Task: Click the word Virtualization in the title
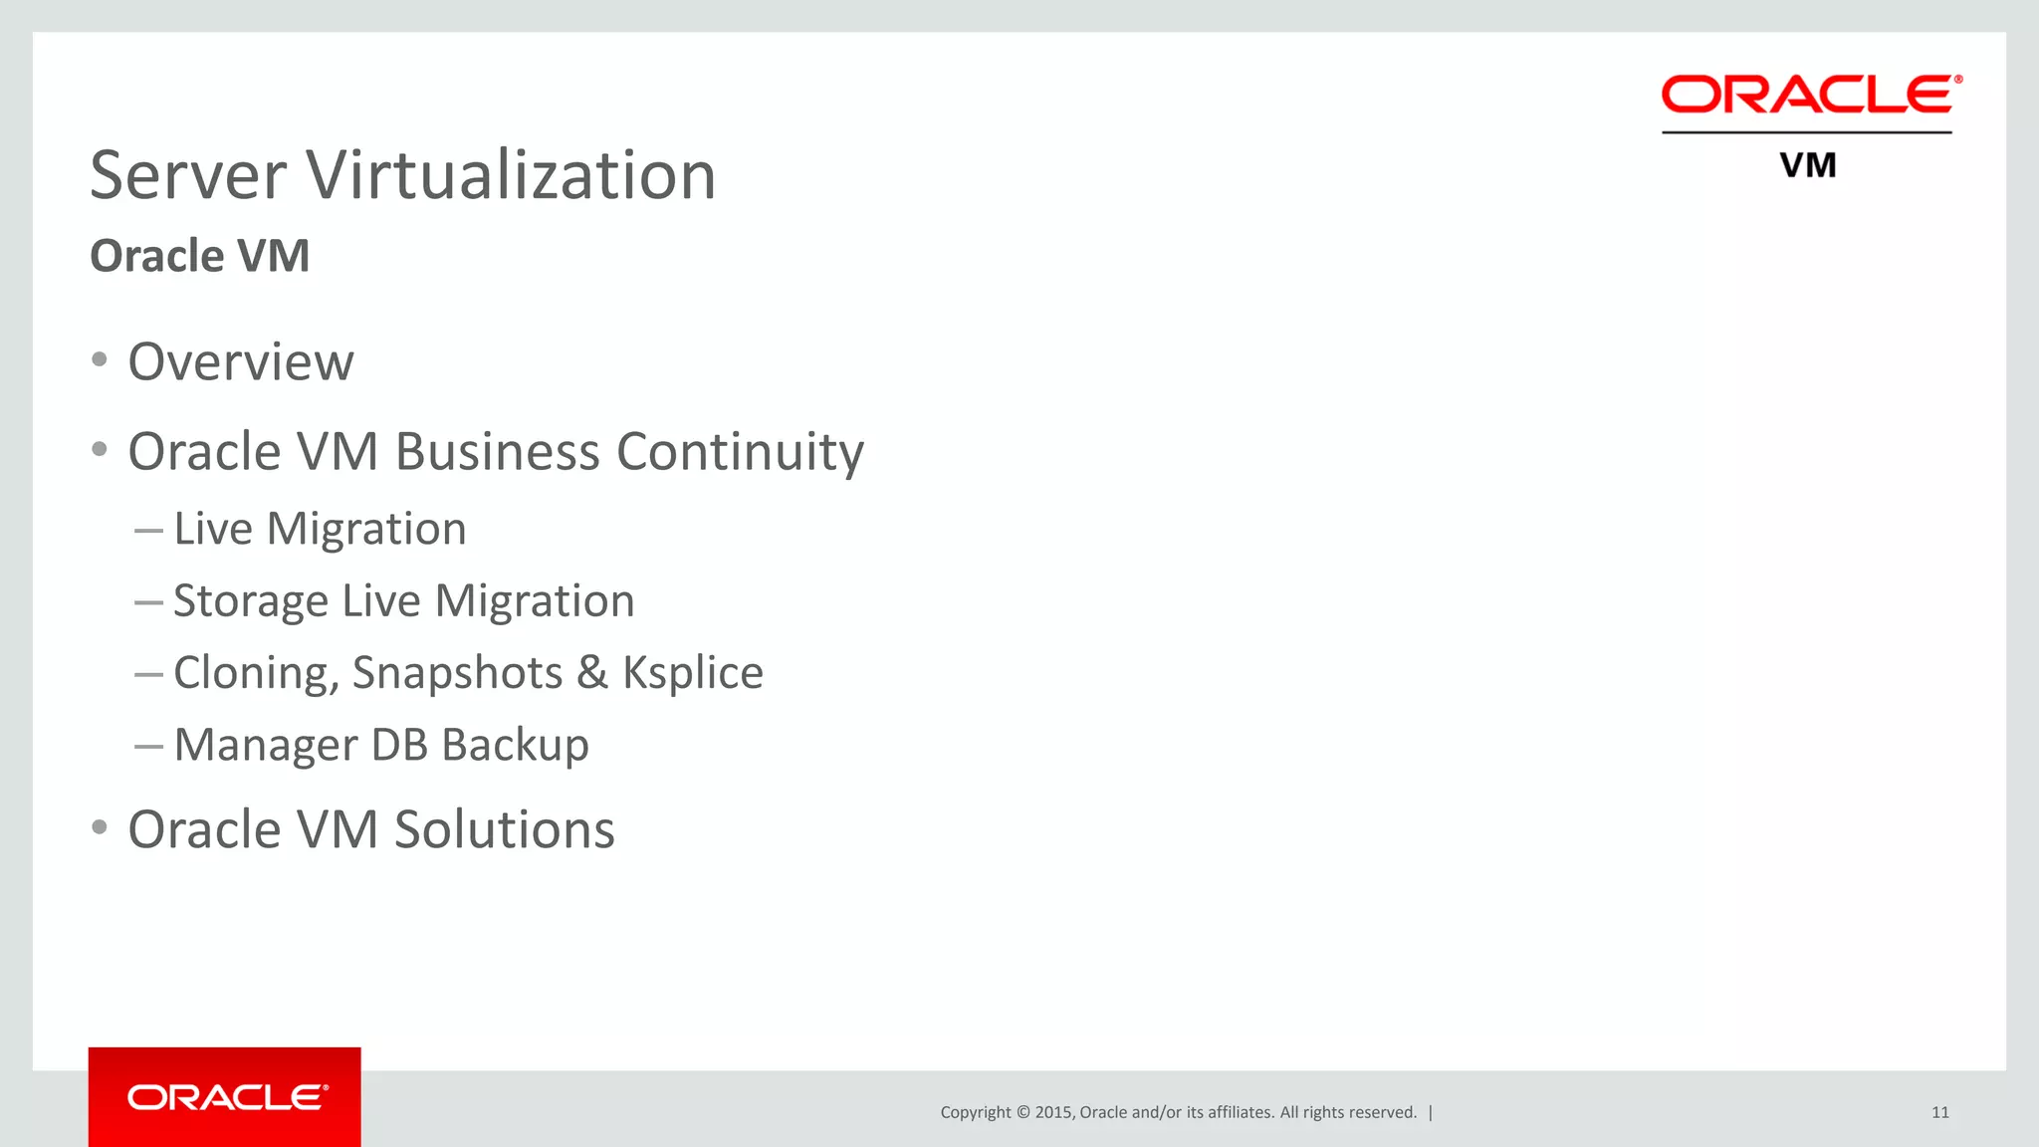pos(511,175)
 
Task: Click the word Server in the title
pos(188,175)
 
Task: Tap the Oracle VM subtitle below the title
pos(200,256)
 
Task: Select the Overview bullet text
pos(241,361)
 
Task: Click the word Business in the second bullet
pos(498,452)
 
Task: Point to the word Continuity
pos(740,452)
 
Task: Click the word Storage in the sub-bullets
pos(251,601)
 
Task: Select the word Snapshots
pos(457,673)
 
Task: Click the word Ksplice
pos(693,673)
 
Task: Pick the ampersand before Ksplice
pos(592,673)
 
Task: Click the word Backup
pos(515,745)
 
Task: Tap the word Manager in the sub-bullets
pos(266,745)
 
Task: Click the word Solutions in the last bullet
pos(505,829)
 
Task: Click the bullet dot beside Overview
pos(99,359)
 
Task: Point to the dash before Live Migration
pos(148,531)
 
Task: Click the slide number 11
pos(1939,1112)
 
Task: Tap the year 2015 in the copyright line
pos(1053,1112)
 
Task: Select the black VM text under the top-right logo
pos(1808,165)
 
